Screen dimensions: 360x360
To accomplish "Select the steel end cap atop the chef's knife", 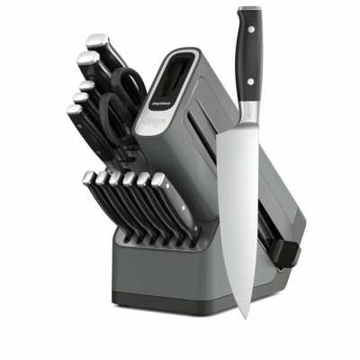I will [x=249, y=11].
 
